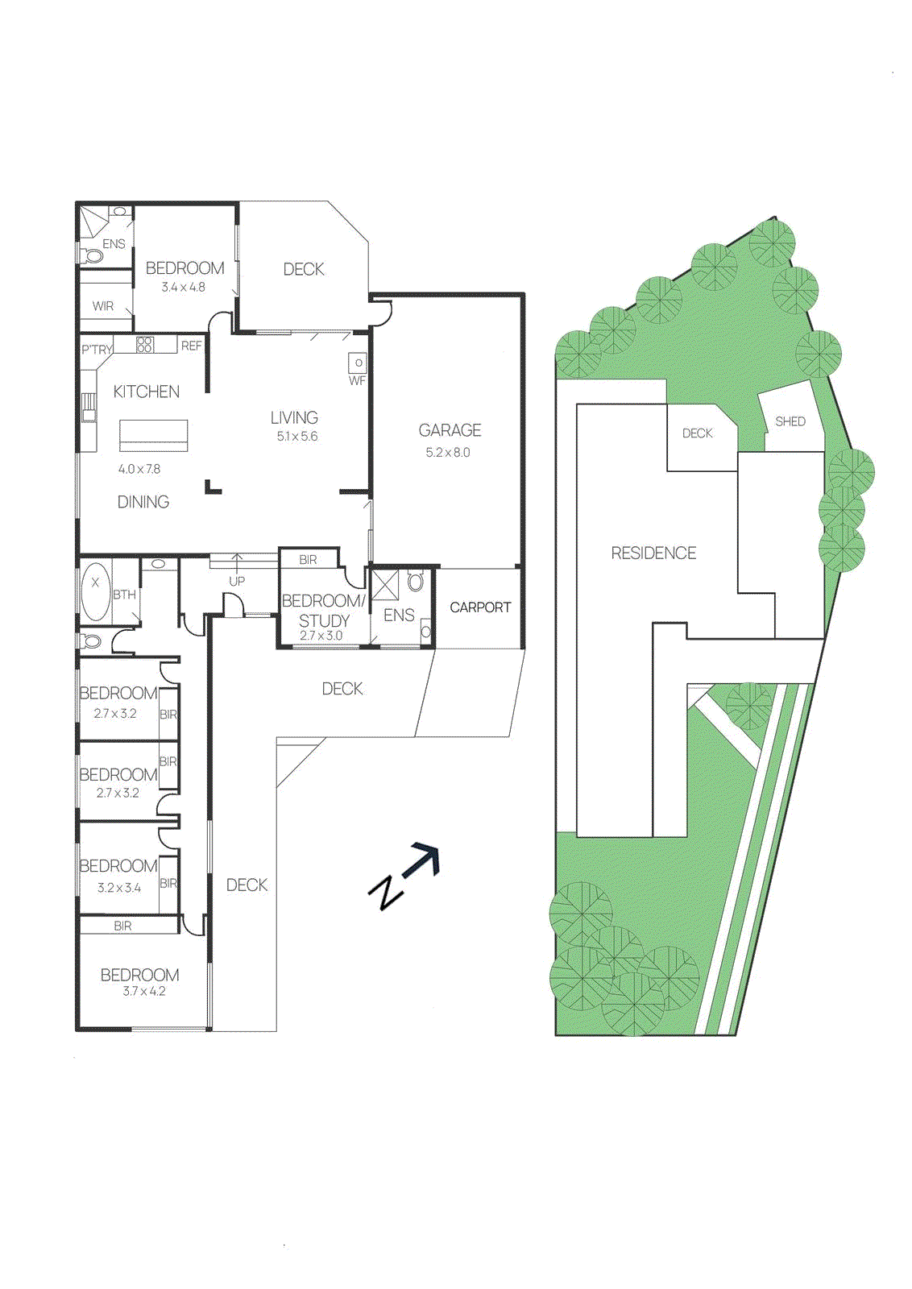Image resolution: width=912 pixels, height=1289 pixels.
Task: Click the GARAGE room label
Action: [450, 430]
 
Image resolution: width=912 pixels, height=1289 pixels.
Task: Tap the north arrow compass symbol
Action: [405, 876]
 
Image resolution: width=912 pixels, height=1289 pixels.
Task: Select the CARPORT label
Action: [480, 607]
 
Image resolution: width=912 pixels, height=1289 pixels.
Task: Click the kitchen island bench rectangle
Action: [154, 436]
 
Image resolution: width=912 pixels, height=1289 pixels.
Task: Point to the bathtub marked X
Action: [96, 592]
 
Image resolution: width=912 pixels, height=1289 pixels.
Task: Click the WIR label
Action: [103, 306]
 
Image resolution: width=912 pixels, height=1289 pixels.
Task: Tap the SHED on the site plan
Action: [790, 421]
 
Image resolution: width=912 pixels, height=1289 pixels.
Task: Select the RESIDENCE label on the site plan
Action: [653, 553]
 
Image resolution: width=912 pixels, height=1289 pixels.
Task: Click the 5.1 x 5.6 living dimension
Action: [296, 437]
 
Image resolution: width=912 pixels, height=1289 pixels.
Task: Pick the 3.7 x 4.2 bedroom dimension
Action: [144, 992]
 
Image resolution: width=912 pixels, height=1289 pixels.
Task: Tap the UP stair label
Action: [237, 581]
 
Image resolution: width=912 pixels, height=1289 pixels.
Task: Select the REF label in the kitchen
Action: [192, 346]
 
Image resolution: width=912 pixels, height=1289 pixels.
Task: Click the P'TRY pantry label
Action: [97, 350]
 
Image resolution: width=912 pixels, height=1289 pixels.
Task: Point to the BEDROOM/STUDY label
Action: [323, 611]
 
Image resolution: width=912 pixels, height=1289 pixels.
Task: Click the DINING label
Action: [143, 502]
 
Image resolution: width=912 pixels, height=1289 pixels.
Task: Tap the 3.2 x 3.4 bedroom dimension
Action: [119, 888]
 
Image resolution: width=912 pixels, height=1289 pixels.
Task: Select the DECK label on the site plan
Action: [697, 433]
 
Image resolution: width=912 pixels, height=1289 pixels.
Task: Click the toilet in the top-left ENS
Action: [93, 256]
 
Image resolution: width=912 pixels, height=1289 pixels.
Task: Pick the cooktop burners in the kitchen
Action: [145, 345]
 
